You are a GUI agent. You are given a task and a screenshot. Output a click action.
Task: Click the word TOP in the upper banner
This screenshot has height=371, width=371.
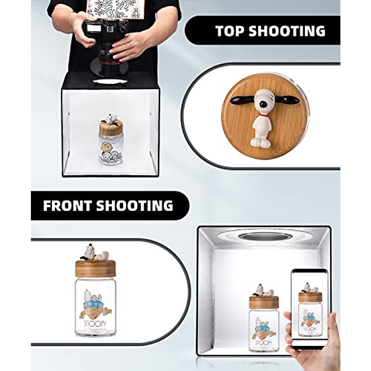(x=229, y=31)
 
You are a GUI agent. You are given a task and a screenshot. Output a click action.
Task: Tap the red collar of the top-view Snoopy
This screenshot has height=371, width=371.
(x=263, y=115)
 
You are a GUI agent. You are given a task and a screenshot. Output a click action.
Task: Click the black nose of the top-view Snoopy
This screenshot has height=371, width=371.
(x=263, y=105)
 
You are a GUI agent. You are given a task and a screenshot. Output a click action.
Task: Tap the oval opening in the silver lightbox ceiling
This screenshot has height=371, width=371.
(x=265, y=237)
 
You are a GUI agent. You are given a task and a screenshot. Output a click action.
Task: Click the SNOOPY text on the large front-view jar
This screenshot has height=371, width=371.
(x=94, y=323)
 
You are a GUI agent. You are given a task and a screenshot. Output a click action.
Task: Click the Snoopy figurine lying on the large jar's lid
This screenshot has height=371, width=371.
(x=94, y=252)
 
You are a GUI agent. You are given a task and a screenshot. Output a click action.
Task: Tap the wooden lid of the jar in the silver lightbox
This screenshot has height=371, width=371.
(x=264, y=302)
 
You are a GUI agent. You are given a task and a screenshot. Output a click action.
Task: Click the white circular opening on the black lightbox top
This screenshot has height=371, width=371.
(x=110, y=82)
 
